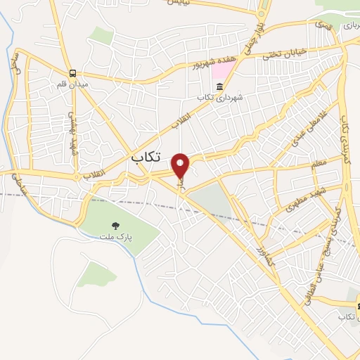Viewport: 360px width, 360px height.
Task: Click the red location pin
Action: (181, 166)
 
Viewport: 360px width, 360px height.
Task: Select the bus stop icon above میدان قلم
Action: (72, 73)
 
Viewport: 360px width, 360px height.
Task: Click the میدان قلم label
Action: (72, 84)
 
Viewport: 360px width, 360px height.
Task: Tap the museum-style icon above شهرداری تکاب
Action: (219, 86)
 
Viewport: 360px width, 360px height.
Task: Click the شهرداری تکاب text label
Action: (219, 98)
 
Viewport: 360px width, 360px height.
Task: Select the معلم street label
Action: (319, 167)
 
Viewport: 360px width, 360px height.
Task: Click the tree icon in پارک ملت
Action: (115, 225)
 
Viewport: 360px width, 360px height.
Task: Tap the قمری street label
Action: (323, 25)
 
